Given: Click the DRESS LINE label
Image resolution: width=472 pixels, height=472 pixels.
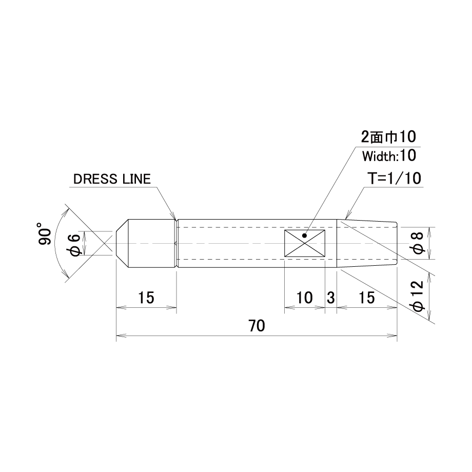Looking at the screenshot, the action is coord(112,180).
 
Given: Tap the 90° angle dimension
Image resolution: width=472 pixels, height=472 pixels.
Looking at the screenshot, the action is coord(45,233).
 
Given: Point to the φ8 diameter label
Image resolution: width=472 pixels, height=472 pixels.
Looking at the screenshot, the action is coord(419,243).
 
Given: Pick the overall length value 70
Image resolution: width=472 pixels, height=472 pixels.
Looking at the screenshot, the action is coord(257,326).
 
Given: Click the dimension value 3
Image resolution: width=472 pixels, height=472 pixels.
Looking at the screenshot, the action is coord(331,298).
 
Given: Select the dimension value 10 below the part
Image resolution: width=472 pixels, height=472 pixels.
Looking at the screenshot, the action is coord(305,298).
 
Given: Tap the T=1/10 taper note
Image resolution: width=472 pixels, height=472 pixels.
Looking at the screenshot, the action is coord(395,179).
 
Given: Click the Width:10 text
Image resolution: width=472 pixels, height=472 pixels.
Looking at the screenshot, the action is coord(389,156).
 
